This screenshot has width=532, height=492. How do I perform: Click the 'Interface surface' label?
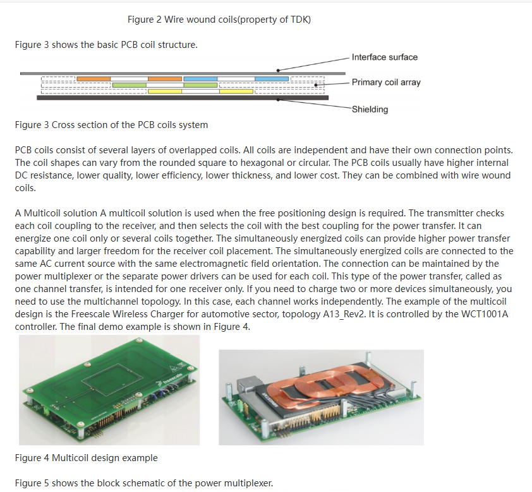tap(384, 57)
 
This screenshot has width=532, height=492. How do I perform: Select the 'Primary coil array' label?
tap(386, 82)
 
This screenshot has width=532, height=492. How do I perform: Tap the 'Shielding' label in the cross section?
tap(370, 109)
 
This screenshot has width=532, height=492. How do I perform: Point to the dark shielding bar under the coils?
tap(183, 98)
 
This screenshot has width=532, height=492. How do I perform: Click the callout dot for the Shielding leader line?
tap(278, 100)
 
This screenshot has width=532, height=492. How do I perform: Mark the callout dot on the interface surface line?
tap(278, 71)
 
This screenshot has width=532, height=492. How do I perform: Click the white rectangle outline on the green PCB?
tap(112, 380)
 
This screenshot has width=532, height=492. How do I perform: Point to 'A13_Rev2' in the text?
tap(344, 314)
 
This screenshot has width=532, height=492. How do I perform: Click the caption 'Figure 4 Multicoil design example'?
tap(86, 458)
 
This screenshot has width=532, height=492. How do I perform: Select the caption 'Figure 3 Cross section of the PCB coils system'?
tap(111, 125)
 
